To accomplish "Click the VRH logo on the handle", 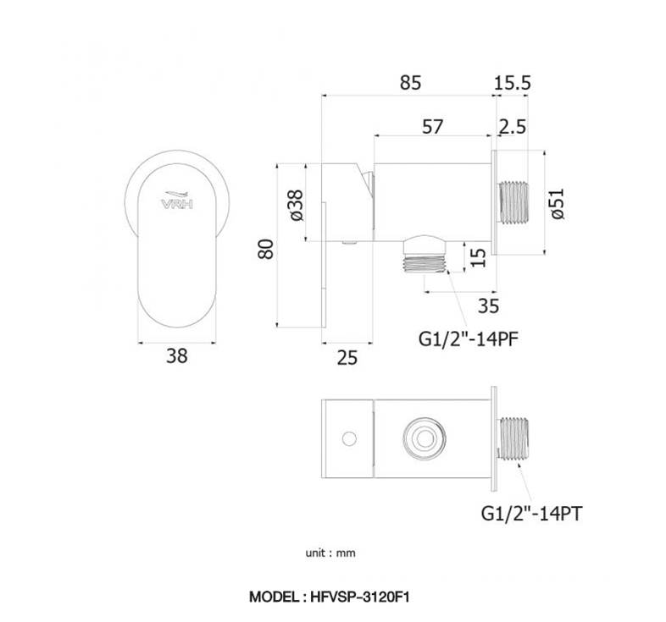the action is point(177,201).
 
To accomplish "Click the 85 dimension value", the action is point(410,83).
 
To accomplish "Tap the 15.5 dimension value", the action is point(513,83).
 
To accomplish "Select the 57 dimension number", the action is point(432,126).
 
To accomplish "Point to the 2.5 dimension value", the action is point(513,126).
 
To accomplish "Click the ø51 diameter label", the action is point(558,204).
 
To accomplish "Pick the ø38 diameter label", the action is point(297,206).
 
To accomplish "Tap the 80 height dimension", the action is point(266,249).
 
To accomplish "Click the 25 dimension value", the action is point(347,358).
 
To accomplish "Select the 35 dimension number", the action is point(488,305).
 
